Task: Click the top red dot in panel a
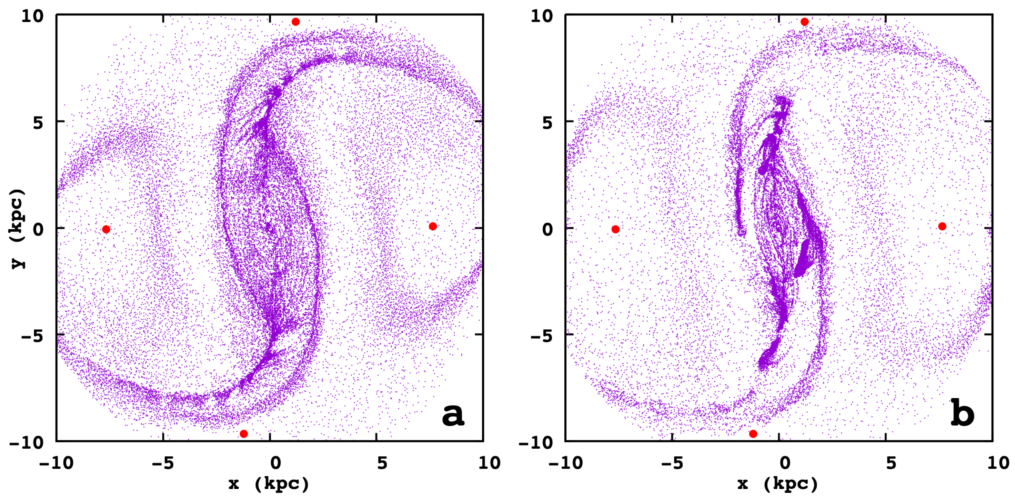pos(296,22)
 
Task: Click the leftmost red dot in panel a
pos(106,229)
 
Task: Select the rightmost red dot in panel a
pos(433,226)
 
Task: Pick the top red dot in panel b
pos(805,22)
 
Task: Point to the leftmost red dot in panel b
pos(616,229)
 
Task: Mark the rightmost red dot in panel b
pos(942,226)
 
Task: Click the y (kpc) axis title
pos(18,228)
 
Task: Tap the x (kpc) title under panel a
pos(269,484)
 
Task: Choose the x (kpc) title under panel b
pos(778,484)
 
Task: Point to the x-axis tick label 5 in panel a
pos(382,463)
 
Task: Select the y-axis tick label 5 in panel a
pos(38,123)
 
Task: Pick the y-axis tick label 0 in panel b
pos(548,229)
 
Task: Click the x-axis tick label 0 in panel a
pos(276,463)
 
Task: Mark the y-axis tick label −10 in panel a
pos(27,443)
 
